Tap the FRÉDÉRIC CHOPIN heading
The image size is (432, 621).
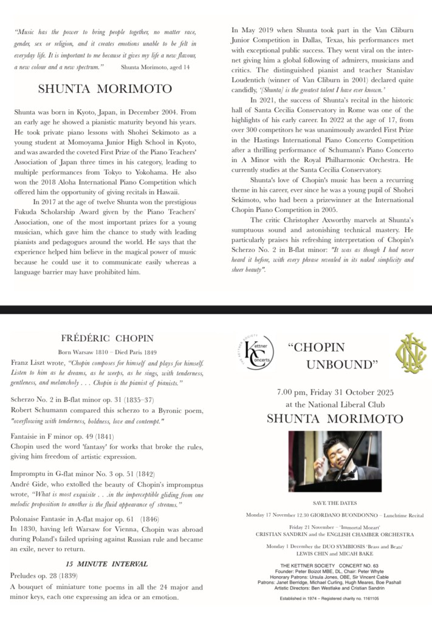click(x=108, y=338)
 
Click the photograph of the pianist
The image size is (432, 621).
click(x=335, y=461)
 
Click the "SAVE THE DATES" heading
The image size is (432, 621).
click(x=335, y=503)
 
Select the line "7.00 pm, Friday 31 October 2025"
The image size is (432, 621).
click(x=335, y=392)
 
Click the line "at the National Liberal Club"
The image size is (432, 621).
click(x=335, y=404)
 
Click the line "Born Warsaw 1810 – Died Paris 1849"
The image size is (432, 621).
click(x=107, y=352)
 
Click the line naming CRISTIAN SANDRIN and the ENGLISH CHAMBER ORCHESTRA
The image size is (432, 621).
click(x=335, y=535)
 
